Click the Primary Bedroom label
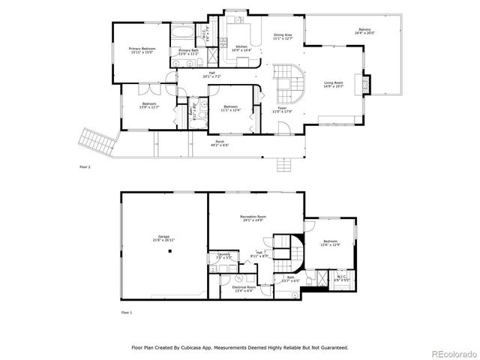(x=142, y=49)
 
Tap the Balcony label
(x=365, y=30)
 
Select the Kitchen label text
(x=241, y=46)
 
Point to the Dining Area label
(x=283, y=35)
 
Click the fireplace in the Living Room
(x=366, y=84)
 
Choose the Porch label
(x=220, y=142)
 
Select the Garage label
(x=163, y=236)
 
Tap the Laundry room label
(x=223, y=254)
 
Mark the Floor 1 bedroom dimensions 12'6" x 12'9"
(x=331, y=244)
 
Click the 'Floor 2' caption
(x=85, y=166)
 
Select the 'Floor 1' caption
(x=127, y=311)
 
